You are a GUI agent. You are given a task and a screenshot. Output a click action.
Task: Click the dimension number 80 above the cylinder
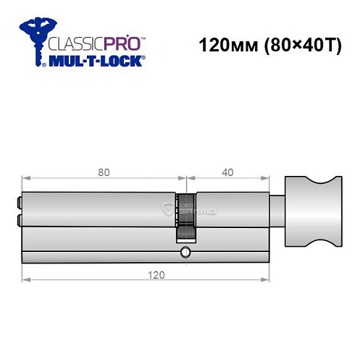pos(104,172)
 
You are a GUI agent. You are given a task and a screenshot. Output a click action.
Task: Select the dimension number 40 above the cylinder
pos(227,172)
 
